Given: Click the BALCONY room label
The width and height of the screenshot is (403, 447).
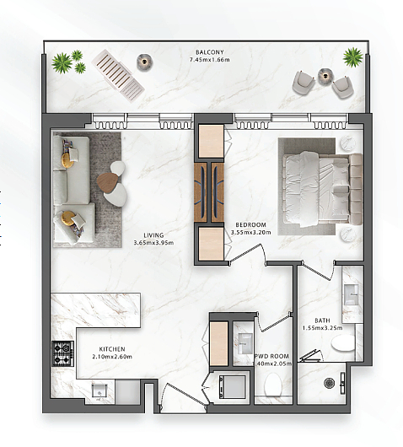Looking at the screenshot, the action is click(209, 52).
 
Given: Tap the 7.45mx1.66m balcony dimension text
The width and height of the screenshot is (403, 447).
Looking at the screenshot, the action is click(209, 60).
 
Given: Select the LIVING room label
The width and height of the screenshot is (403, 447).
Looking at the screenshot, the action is click(153, 235).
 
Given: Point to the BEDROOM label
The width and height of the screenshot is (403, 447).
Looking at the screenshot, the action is click(250, 225).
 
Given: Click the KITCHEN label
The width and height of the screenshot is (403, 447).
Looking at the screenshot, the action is click(112, 349).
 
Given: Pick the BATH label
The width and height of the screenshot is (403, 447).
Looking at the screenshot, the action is click(322, 320).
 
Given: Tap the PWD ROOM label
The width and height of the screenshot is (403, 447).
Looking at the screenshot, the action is click(271, 357).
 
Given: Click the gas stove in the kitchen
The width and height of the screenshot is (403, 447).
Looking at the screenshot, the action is click(62, 353).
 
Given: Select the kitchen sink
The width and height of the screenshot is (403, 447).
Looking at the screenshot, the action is click(99, 392).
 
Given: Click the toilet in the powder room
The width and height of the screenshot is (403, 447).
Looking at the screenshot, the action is click(273, 385).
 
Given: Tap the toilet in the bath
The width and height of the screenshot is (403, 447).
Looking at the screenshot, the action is click(343, 343).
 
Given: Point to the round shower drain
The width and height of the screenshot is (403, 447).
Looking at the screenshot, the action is click(329, 383).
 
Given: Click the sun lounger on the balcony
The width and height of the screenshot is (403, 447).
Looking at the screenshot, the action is click(118, 76).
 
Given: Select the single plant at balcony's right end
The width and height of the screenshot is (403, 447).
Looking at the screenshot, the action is click(353, 57).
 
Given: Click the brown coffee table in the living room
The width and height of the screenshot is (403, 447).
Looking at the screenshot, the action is click(107, 182).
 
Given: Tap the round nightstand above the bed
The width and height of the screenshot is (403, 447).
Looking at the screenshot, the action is click(347, 144).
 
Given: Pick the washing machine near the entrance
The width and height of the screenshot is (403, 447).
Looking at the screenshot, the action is click(232, 387).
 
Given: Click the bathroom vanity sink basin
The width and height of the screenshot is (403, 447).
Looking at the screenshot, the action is click(351, 294).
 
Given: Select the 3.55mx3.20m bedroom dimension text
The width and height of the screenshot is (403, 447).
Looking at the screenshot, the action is click(250, 232).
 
